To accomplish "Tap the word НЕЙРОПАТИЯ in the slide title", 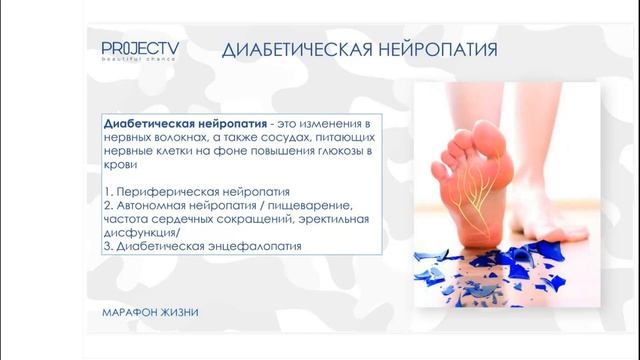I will pos(436,50).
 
